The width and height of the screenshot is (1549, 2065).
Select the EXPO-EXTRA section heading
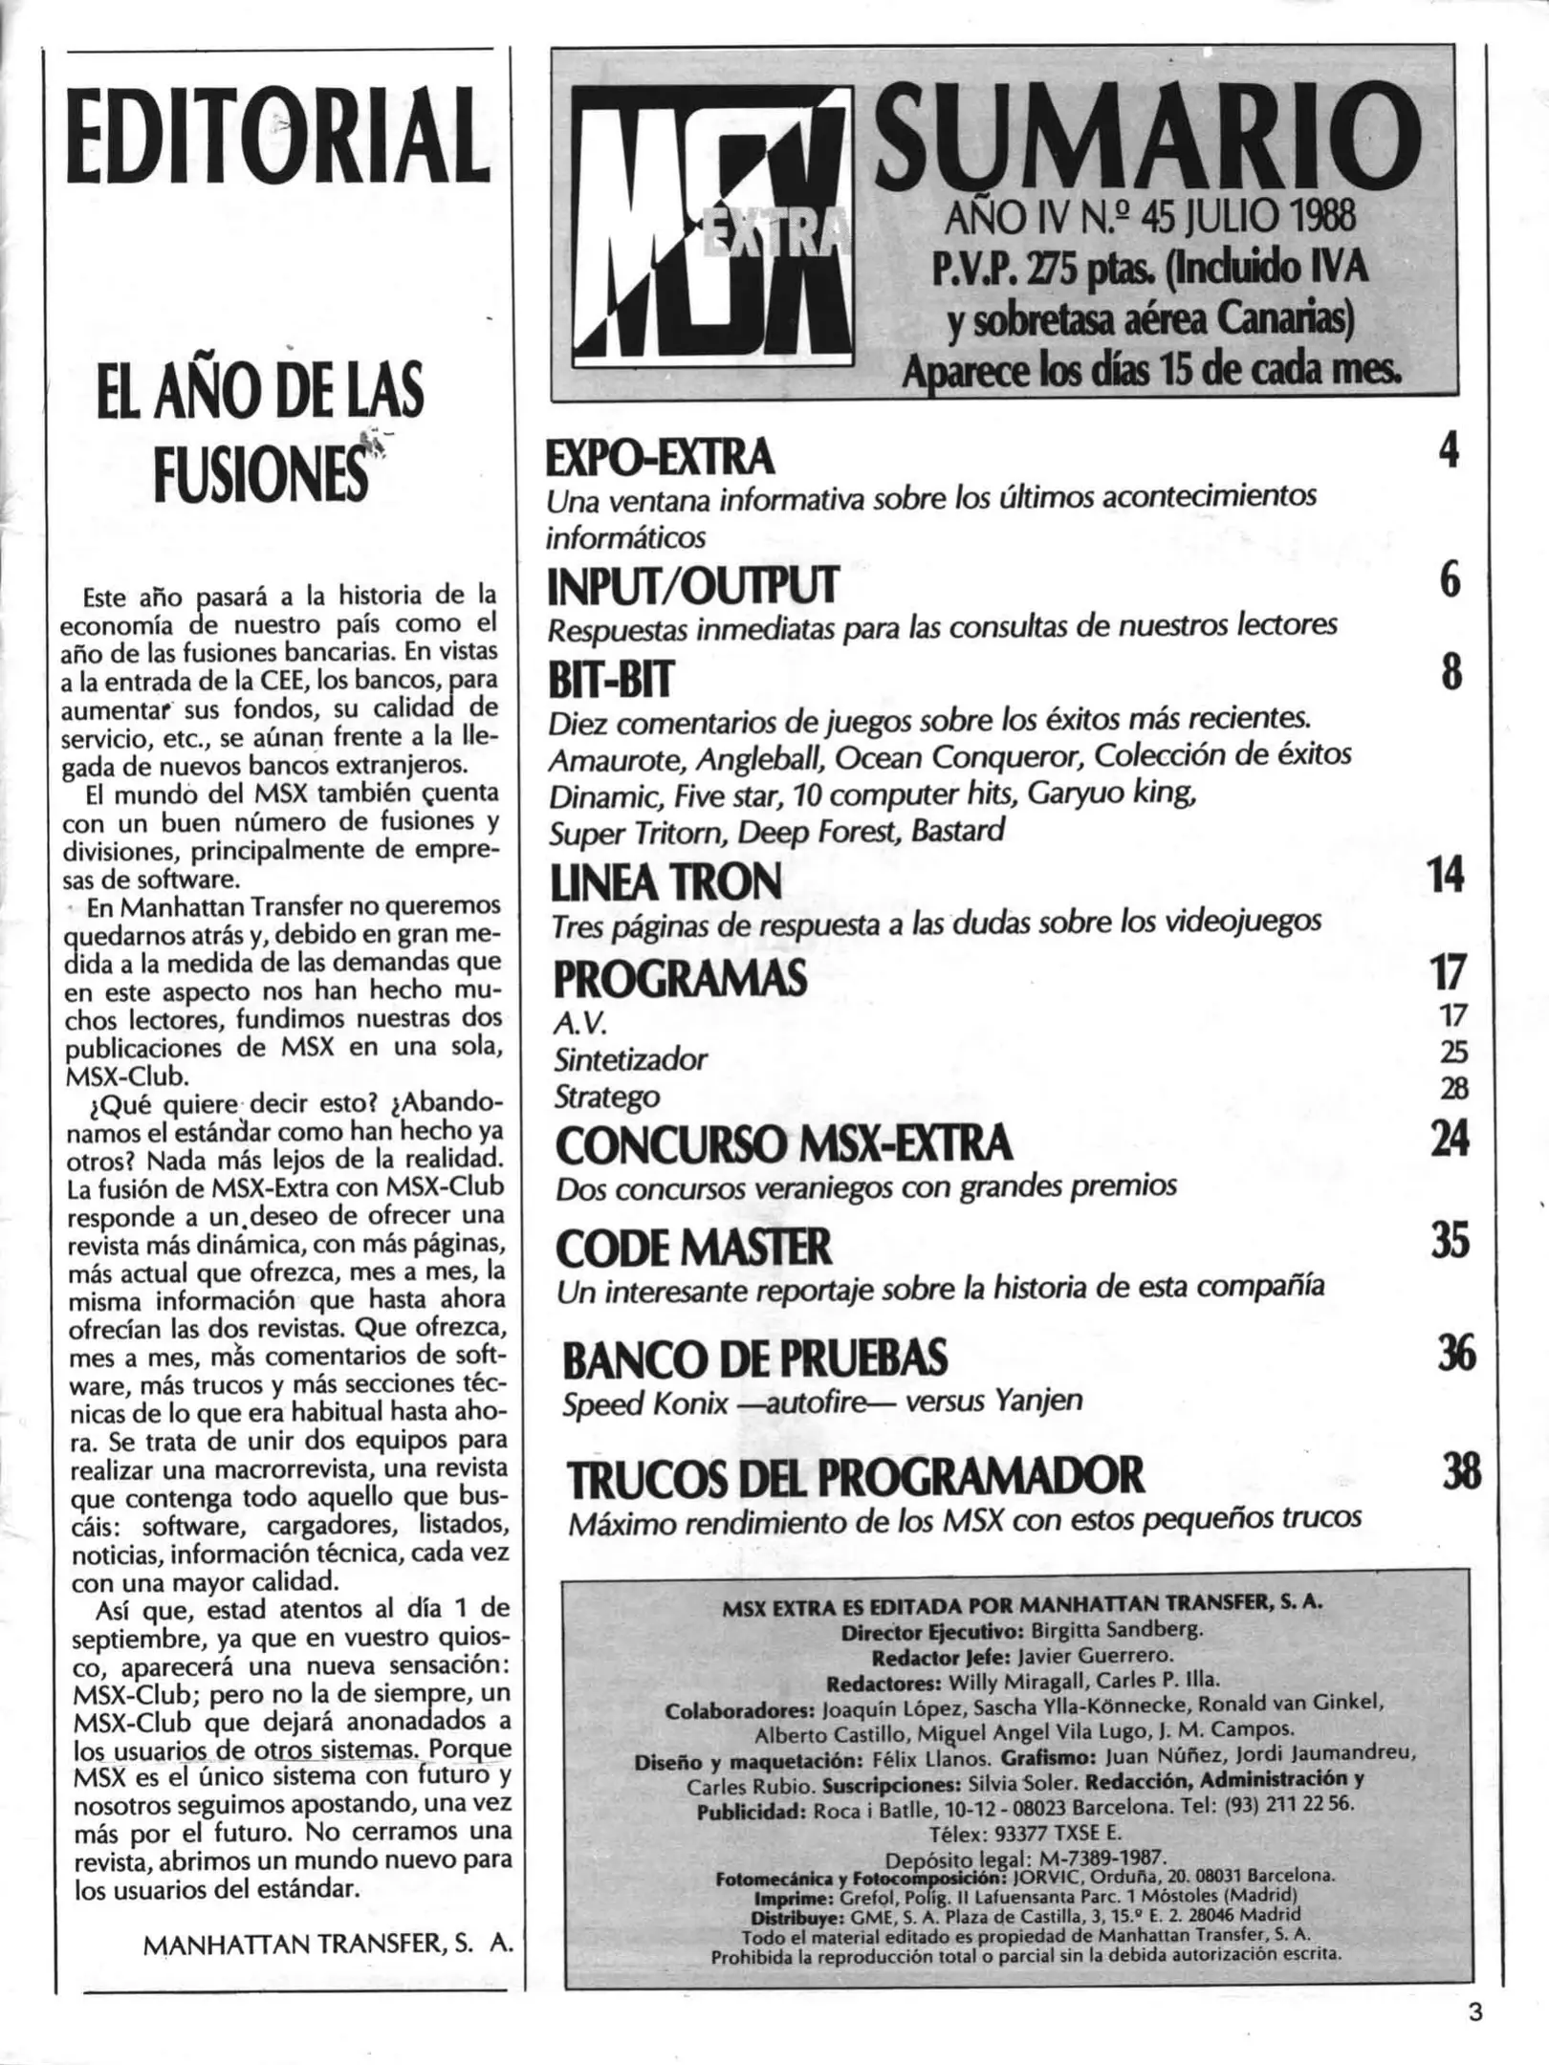659,458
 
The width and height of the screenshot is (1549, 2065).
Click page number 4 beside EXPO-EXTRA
1449,450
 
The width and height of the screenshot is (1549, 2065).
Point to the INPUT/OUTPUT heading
691,586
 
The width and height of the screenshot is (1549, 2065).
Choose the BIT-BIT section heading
611,681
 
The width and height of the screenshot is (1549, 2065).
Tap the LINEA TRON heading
666,881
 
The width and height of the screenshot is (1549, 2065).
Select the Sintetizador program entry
630,1059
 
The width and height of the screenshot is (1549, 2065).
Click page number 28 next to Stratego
1453,1089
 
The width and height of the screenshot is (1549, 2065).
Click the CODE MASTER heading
693,1247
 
